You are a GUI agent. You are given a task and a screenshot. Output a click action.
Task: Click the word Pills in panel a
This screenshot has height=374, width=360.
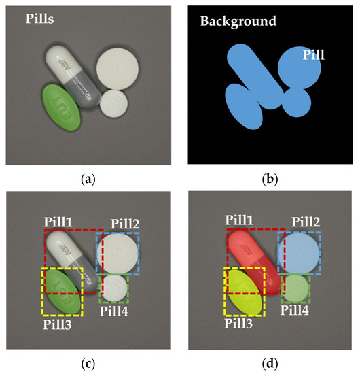[x=39, y=20]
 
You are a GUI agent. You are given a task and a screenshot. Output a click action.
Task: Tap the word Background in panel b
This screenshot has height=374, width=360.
[x=238, y=21]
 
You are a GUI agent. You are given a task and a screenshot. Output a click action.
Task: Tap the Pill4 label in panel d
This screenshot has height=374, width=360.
[x=295, y=311]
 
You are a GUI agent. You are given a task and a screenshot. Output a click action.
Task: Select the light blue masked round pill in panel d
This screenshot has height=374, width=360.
[x=299, y=252]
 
